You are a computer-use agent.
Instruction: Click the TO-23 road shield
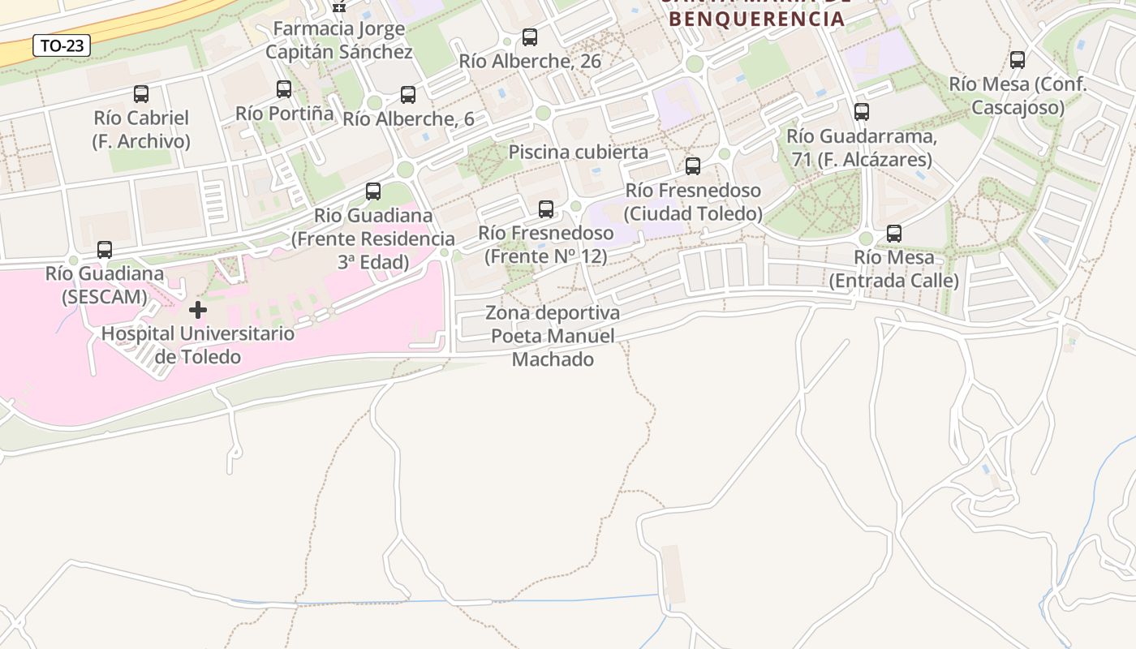pos(62,46)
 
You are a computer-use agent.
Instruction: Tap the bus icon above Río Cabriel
pos(141,94)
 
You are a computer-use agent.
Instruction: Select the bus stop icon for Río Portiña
pos(284,89)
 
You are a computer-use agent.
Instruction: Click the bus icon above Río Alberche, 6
pos(408,95)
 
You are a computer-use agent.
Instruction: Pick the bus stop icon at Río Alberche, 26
pos(530,37)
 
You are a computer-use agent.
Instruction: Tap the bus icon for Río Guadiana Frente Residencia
pos(373,191)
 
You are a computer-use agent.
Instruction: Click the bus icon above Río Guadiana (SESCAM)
pos(105,250)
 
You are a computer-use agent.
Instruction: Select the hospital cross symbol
pos(197,310)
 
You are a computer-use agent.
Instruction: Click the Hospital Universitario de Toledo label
pos(198,345)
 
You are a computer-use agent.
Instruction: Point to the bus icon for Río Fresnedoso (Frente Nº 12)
pos(546,209)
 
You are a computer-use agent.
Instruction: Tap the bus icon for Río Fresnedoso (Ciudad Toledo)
pos(693,166)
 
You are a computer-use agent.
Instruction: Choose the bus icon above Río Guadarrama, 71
pos(862,112)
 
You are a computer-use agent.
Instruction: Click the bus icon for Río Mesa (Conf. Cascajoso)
pos(1018,60)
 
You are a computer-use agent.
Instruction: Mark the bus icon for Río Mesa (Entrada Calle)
pos(894,234)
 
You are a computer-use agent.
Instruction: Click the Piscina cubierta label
pos(579,152)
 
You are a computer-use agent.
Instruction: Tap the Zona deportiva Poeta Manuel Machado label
pos(553,336)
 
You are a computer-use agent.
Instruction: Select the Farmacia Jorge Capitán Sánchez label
pos(339,41)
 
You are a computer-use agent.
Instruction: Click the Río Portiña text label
pos(285,113)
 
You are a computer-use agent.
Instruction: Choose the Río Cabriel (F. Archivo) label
pos(141,130)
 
